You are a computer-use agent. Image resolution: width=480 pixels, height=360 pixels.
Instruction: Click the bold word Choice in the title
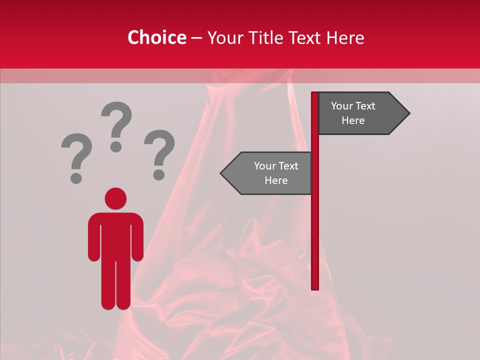coord(156,37)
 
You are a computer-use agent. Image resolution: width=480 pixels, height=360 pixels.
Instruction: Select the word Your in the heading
coord(227,38)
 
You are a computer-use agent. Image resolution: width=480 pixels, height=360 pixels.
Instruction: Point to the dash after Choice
coord(196,38)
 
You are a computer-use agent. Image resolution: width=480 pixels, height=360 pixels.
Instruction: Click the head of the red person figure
coord(115,198)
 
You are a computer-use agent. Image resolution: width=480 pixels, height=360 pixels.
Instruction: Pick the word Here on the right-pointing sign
coord(353,120)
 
